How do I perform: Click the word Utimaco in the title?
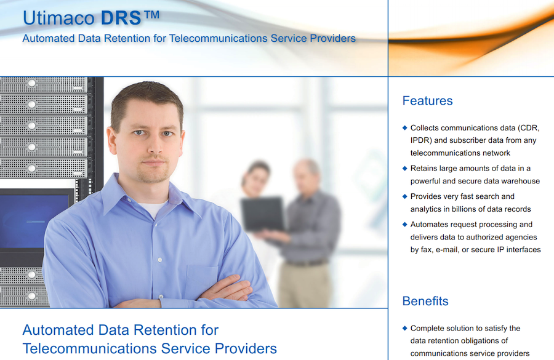(x=58, y=18)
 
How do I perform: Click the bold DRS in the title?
(x=121, y=18)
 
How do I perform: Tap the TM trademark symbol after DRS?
(x=152, y=15)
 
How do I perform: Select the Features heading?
(x=428, y=101)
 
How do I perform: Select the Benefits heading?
(x=425, y=301)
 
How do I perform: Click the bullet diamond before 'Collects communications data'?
(x=405, y=127)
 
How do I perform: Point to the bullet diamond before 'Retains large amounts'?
(x=405, y=168)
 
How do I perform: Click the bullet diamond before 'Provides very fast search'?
(x=405, y=196)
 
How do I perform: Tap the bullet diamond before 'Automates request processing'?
(x=405, y=224)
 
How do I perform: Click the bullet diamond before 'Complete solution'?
(x=405, y=328)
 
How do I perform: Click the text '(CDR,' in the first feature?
(x=529, y=128)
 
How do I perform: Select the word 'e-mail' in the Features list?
(x=447, y=249)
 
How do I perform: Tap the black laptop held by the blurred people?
(x=263, y=214)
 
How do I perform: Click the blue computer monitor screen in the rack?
(x=34, y=221)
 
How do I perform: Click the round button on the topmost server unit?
(x=32, y=83)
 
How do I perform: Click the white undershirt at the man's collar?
(x=154, y=209)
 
